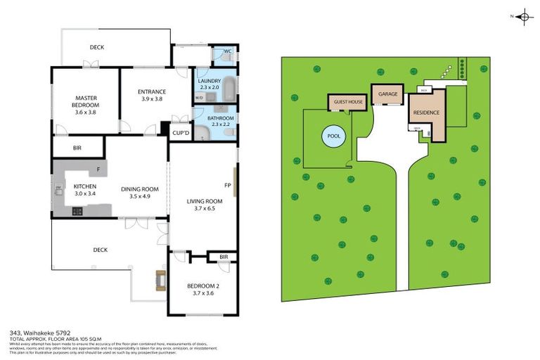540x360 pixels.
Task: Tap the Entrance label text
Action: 152,91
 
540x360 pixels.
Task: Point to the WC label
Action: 227,51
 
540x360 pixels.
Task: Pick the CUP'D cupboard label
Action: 181,132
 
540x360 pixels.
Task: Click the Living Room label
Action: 204,201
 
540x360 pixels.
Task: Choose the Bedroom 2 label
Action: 203,285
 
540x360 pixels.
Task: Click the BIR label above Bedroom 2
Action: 223,257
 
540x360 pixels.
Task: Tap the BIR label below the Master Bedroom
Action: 77,148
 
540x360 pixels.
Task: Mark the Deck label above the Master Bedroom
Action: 97,48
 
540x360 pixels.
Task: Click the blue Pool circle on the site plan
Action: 333,136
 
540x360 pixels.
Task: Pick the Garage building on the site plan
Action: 387,94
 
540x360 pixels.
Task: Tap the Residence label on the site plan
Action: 426,112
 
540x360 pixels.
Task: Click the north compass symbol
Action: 523,17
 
